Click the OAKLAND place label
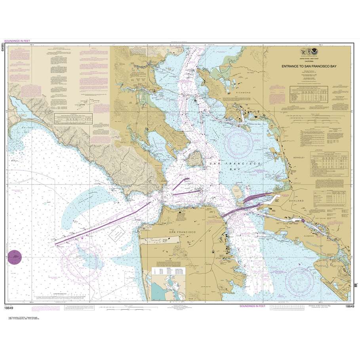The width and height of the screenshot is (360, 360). [295, 201]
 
